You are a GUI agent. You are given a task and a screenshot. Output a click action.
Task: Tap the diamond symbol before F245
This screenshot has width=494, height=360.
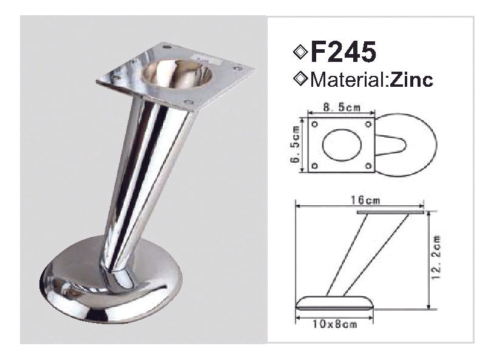tap(300, 52)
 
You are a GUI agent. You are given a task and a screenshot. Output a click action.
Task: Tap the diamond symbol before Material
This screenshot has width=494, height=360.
tap(299, 79)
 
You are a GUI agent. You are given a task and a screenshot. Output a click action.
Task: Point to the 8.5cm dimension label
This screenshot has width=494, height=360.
tap(342, 107)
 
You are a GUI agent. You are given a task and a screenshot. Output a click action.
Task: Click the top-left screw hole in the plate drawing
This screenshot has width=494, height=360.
tap(314, 124)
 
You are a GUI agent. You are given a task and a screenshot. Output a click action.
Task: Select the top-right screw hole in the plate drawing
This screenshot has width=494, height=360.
tap(368, 124)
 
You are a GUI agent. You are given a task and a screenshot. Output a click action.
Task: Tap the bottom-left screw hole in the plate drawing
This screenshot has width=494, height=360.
tap(314, 165)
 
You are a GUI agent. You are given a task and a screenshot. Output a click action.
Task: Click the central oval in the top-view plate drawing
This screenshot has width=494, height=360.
tap(341, 144)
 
